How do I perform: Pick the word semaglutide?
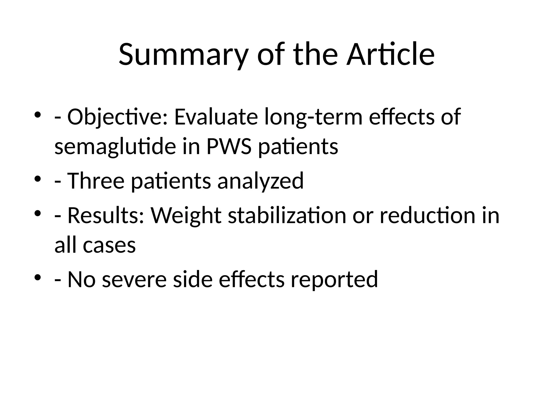tap(116, 147)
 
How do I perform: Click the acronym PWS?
tap(229, 147)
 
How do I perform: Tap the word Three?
tap(96, 181)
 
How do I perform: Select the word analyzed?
tap(260, 181)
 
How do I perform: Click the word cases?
tap(109, 245)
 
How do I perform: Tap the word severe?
tap(134, 279)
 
